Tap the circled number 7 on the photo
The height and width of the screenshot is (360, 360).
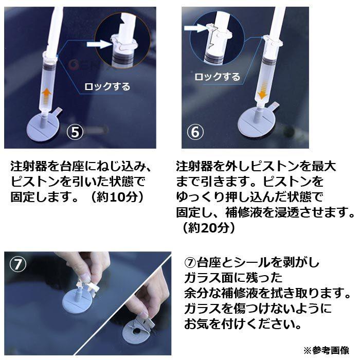coord(18,264)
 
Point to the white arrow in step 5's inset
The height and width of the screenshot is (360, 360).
coord(99,44)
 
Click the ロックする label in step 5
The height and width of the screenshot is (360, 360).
coord(107,86)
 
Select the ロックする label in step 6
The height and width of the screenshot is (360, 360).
coord(217,77)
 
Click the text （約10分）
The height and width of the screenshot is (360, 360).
coord(117,197)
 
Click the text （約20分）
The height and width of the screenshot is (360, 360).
coord(209,228)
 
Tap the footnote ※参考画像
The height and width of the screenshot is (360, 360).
coord(326,350)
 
